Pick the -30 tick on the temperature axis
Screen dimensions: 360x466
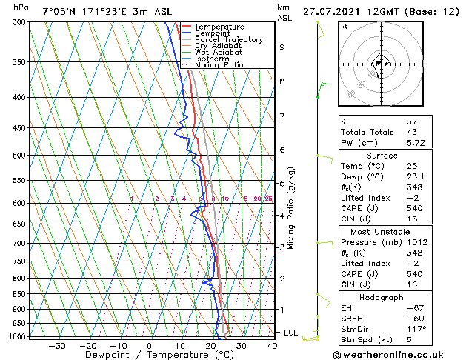pos(57,345)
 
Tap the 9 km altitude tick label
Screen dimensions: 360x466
pos(282,47)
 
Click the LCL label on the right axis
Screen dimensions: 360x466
pos(290,333)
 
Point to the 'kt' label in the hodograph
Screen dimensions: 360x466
pos(344,27)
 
